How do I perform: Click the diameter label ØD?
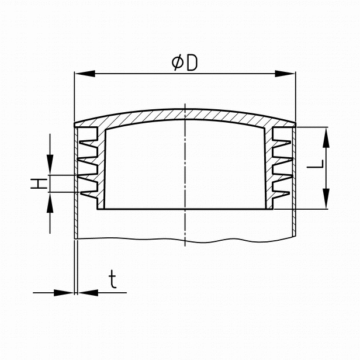185,63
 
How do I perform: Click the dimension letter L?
315,164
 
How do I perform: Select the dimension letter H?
39,184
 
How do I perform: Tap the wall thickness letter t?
113,279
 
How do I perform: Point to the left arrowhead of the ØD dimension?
85,74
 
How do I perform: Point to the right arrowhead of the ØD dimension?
285,74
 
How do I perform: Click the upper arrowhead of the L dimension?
326,137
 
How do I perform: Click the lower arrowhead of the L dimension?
326,199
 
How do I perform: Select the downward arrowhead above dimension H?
50,165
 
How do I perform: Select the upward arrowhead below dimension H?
50,202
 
